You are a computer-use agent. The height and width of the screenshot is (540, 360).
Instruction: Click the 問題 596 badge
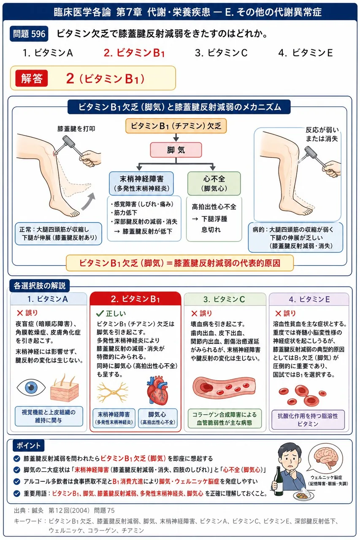(29, 34)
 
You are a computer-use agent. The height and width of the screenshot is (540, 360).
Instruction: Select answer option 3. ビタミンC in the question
(221, 53)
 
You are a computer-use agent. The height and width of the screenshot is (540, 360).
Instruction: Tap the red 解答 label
(31, 78)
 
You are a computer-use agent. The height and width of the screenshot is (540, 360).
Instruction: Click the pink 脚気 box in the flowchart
(176, 150)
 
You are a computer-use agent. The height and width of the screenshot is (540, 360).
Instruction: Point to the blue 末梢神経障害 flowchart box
(141, 184)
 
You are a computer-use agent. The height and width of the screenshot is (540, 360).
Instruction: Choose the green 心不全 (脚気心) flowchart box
(214, 184)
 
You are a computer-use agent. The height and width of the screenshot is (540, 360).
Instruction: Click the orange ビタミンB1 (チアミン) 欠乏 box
(176, 126)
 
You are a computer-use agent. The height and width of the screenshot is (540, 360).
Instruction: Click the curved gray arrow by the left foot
(88, 202)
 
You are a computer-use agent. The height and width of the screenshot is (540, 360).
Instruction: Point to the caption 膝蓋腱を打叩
(76, 129)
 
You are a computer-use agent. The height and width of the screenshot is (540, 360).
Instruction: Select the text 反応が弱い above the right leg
(322, 130)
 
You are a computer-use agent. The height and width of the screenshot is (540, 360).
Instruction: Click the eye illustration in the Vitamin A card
(31, 387)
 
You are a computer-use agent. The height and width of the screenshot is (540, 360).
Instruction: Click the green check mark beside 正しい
(100, 313)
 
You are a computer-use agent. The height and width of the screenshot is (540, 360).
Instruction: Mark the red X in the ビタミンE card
(278, 313)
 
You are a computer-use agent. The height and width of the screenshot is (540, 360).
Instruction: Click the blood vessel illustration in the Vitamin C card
(224, 387)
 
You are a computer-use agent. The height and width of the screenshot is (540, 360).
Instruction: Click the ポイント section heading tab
(28, 445)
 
